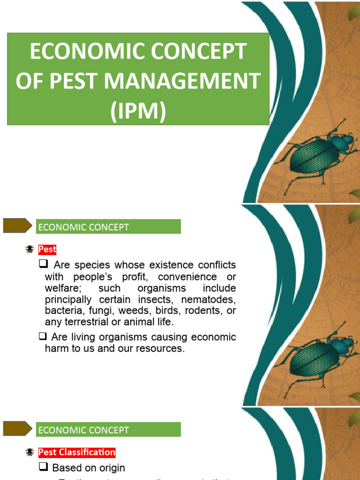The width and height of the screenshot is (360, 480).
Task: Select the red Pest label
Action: point(47,249)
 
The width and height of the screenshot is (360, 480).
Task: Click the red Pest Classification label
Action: point(77,452)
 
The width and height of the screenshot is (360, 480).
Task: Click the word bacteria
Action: point(62,310)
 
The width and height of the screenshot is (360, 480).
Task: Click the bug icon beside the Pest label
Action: point(30,249)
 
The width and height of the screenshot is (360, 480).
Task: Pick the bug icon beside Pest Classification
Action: point(30,452)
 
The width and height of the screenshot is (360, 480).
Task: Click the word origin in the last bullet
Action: point(112,468)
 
